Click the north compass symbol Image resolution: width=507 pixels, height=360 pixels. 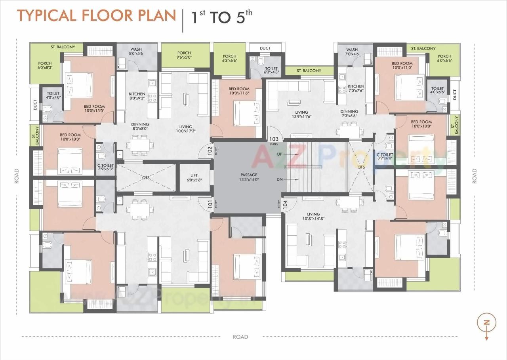coord(486,323)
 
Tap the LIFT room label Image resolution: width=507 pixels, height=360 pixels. coord(194,177)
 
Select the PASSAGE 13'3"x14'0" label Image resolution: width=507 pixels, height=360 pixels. coord(249,177)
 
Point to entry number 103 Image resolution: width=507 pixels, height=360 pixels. coord(274,139)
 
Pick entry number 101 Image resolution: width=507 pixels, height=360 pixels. coord(210,204)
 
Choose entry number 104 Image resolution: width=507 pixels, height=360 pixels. coord(285,204)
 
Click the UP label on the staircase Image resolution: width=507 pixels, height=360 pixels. coord(280,154)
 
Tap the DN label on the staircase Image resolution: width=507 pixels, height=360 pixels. coord(280,179)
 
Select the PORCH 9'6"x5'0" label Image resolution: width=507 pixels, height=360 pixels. coord(184,55)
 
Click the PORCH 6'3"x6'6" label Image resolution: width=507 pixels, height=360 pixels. coord(230,59)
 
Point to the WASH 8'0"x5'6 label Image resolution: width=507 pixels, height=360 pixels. coord(136,51)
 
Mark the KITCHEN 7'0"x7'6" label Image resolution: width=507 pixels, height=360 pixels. coord(356,88)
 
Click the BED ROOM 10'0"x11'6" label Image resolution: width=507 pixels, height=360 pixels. coord(239,91)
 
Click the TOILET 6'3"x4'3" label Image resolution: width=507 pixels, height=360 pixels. coord(272,70)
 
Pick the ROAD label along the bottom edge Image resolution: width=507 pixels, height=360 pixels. coord(240,337)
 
